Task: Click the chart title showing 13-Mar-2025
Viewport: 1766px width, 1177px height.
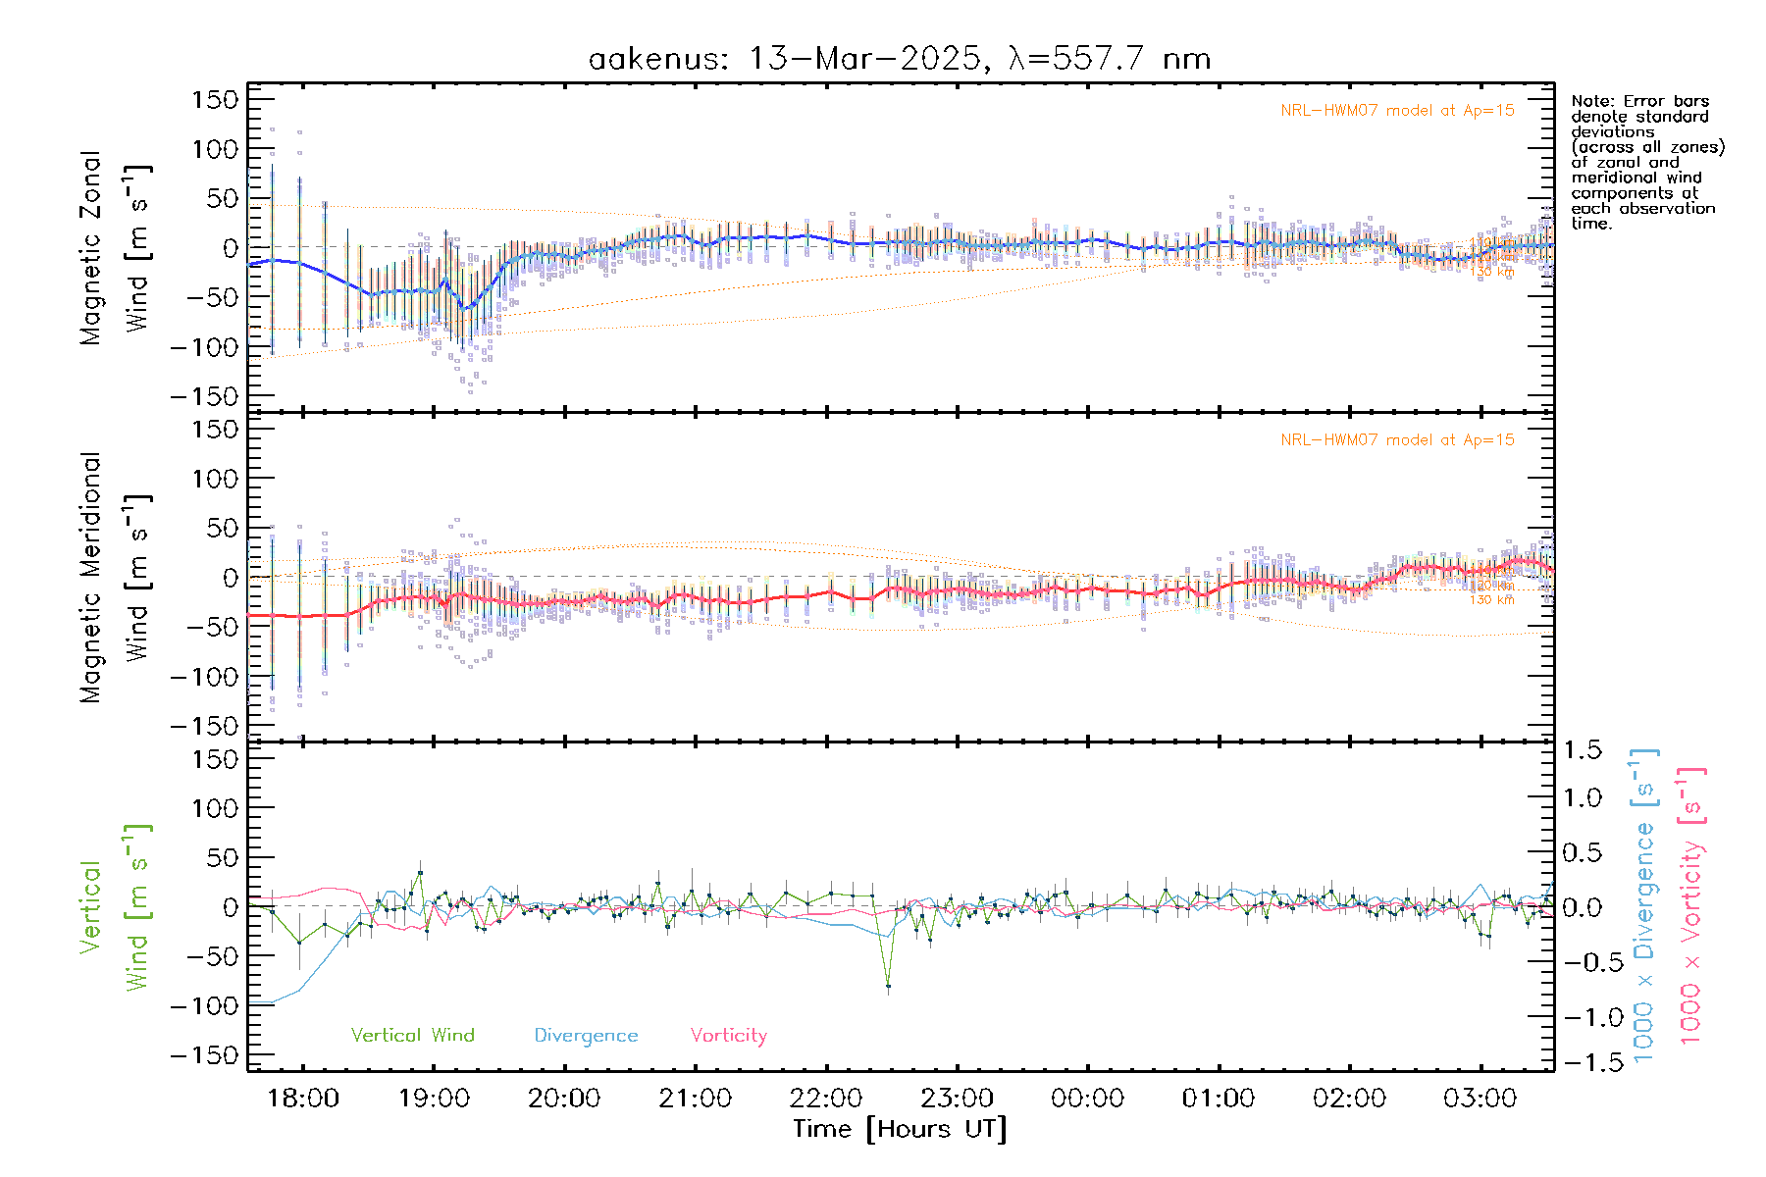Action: [899, 59]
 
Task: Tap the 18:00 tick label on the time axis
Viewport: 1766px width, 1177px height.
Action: [303, 1098]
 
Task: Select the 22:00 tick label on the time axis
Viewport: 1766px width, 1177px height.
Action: [826, 1098]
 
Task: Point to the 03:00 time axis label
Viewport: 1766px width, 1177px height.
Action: [1480, 1098]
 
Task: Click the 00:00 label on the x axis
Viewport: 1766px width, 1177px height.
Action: [1087, 1098]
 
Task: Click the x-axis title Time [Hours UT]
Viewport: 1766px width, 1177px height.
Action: [899, 1129]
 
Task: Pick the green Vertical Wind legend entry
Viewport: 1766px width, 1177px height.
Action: [412, 1035]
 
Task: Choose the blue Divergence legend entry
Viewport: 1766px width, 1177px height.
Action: [586, 1036]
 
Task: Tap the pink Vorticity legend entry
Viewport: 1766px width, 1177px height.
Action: [728, 1035]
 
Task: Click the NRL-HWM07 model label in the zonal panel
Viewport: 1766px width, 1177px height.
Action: [1397, 111]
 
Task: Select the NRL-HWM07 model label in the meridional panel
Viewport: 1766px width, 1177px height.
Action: [1397, 440]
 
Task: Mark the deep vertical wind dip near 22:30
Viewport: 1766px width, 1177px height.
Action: [888, 985]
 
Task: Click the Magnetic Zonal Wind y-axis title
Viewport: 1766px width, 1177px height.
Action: [116, 247]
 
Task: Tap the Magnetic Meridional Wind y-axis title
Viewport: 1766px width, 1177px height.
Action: [116, 577]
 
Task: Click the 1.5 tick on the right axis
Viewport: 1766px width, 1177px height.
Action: [1583, 750]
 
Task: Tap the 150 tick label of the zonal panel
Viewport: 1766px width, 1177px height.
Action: [216, 99]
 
